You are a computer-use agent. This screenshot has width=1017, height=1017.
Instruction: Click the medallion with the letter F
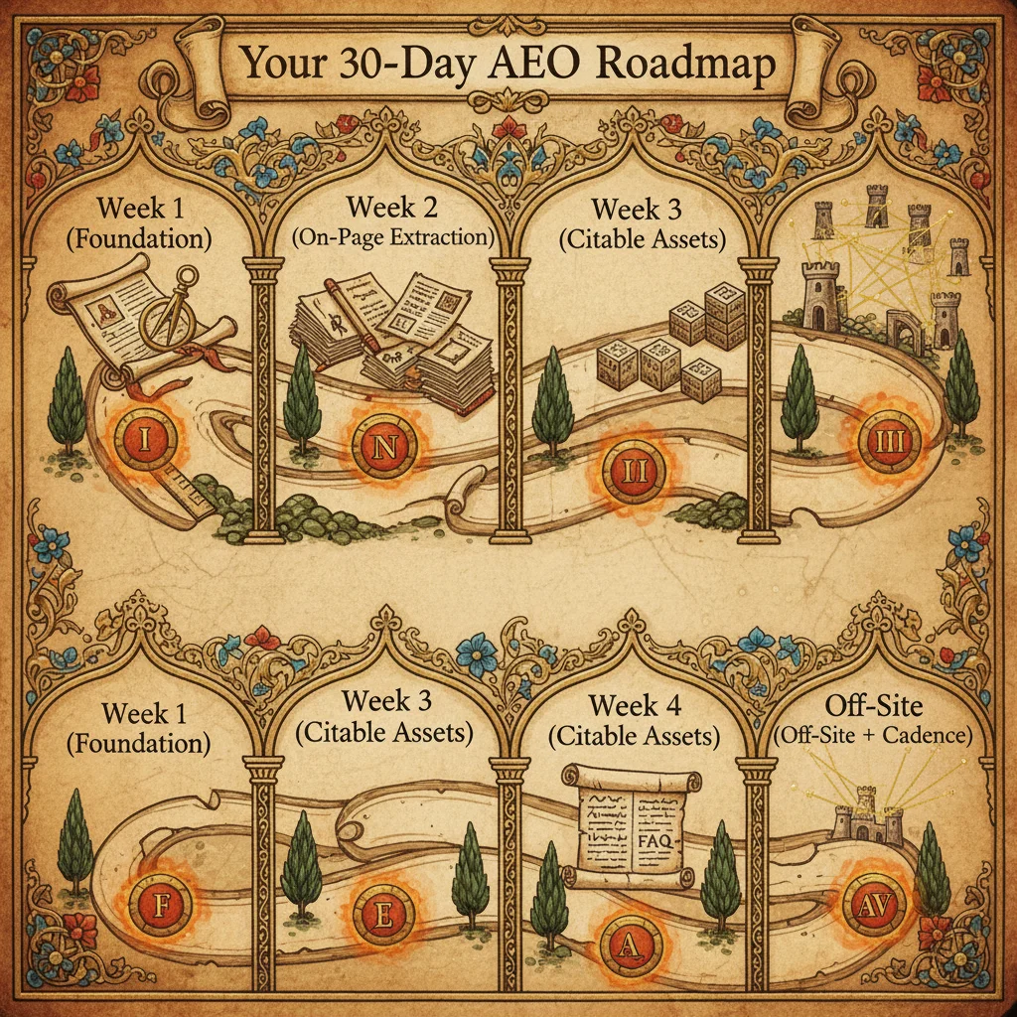tap(162, 904)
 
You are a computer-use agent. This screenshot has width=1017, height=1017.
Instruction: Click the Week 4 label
tap(638, 706)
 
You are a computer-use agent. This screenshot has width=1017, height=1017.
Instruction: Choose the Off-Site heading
tap(875, 706)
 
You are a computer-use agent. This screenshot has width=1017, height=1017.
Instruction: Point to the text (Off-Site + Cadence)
tap(875, 737)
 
